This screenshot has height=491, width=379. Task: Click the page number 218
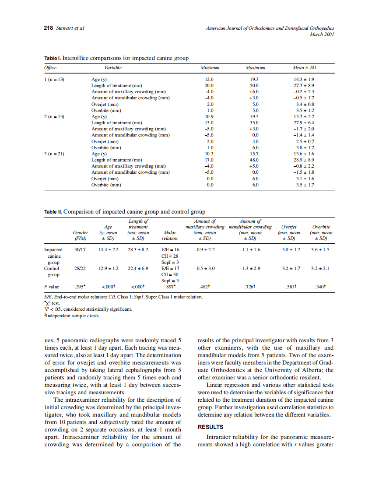[48, 28]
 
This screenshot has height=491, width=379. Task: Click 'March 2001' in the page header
[322, 34]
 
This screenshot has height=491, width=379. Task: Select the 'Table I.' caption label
[53, 58]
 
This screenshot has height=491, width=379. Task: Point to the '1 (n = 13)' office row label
[54, 80]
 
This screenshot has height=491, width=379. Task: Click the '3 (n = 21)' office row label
[54, 154]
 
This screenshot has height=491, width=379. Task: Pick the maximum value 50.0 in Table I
[254, 86]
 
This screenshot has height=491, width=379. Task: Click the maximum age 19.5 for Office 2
[254, 117]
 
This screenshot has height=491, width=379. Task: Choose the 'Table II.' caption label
[53, 212]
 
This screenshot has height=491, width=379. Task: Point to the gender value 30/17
[80, 249]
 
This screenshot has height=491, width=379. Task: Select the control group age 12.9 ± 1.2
[108, 268]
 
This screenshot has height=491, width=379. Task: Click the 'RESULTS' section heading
[211, 427]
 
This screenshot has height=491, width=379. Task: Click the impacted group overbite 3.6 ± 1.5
[320, 249]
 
